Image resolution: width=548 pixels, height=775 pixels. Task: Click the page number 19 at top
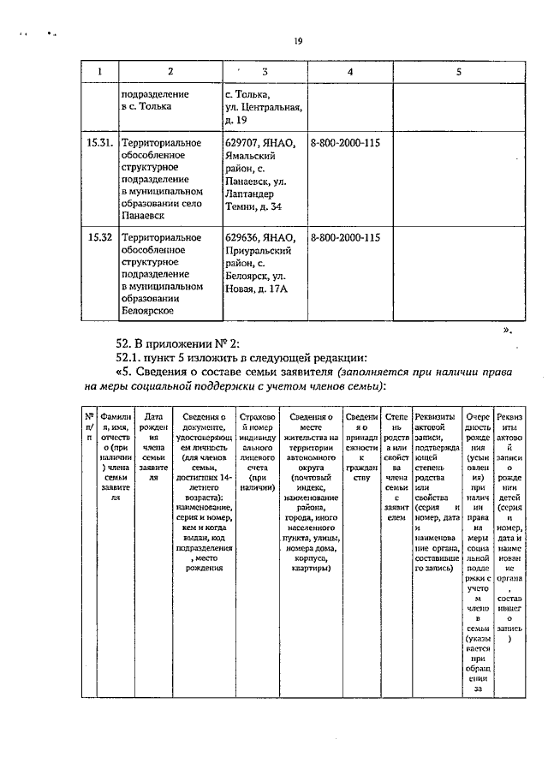point(298,40)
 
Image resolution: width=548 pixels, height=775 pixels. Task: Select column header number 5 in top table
point(458,72)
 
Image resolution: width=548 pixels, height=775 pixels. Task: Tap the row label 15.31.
point(101,142)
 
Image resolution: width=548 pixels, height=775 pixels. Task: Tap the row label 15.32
point(100,237)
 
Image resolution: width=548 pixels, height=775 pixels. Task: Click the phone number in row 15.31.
point(345,142)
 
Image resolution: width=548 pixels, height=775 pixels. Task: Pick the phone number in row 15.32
point(345,237)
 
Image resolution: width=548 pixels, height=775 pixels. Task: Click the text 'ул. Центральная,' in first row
point(263,106)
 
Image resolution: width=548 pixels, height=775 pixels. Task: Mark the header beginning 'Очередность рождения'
point(477,548)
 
